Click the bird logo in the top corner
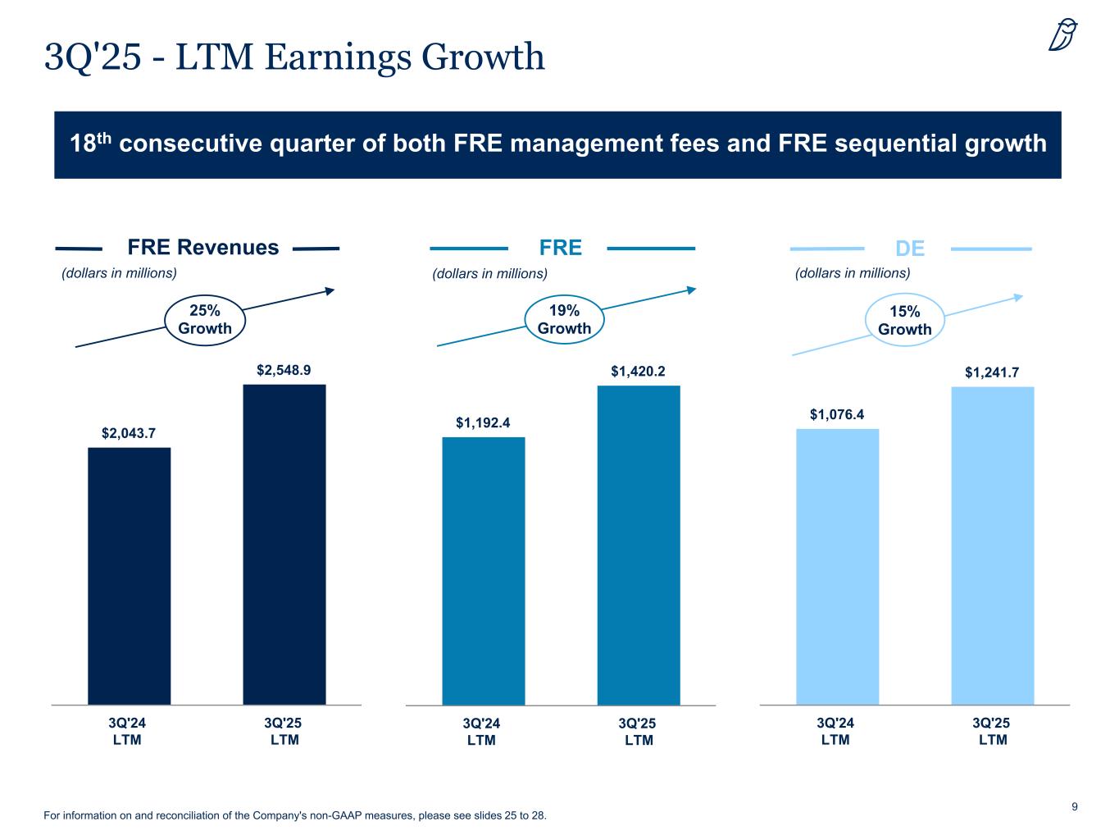[x=1063, y=35]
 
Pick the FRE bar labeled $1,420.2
[x=639, y=545]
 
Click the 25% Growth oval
[x=205, y=320]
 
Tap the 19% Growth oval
[x=564, y=320]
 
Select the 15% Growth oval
[x=905, y=321]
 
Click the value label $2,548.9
[x=284, y=371]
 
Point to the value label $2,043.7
[x=129, y=433]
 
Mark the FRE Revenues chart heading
[x=203, y=248]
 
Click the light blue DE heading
[x=910, y=249]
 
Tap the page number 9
[x=1075, y=807]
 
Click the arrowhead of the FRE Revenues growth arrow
[x=330, y=290]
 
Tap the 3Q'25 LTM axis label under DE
[x=992, y=731]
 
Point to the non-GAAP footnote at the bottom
[x=295, y=816]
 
